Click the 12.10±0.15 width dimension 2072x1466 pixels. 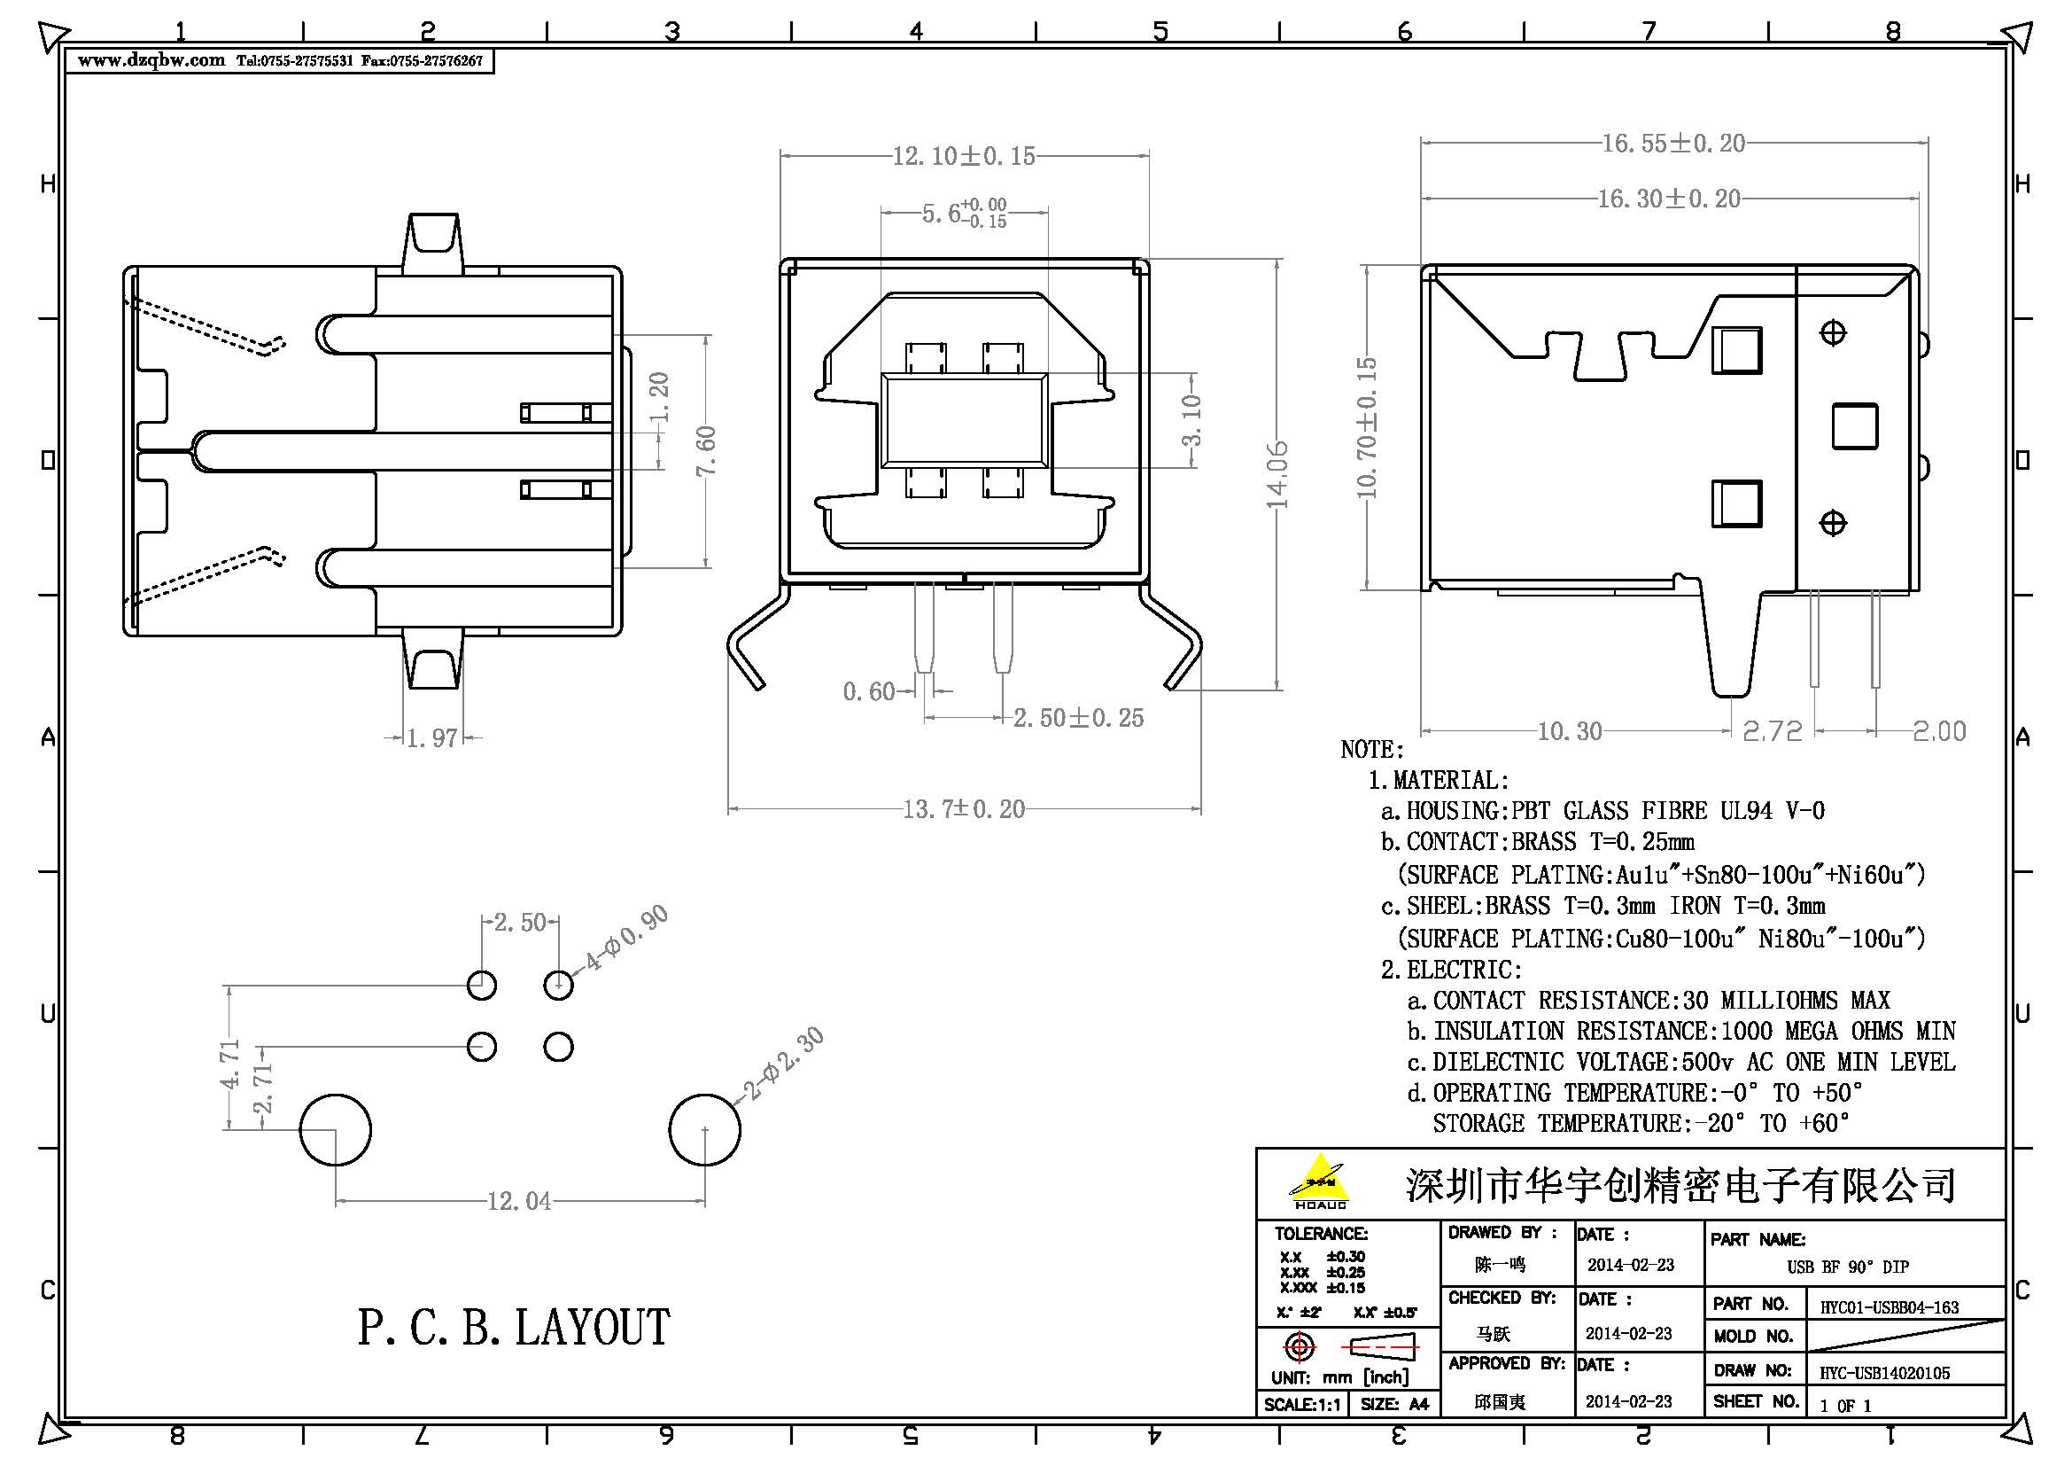pyautogui.click(x=963, y=156)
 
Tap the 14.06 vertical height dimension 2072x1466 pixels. pyautogui.click(x=1277, y=475)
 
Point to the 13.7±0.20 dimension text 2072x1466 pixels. pyautogui.click(x=963, y=809)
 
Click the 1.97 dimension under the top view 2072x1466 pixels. pyautogui.click(x=431, y=738)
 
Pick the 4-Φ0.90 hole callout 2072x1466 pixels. pyautogui.click(x=625, y=938)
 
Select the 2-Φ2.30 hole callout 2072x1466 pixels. pyautogui.click(x=781, y=1065)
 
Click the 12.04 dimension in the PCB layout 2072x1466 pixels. pyautogui.click(x=519, y=1202)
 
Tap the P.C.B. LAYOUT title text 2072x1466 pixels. pyautogui.click(x=513, y=1328)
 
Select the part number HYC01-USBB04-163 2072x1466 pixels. pyautogui.click(x=1889, y=1307)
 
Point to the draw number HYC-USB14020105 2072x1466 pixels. pyautogui.click(x=1884, y=1373)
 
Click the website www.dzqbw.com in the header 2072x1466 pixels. pyautogui.click(x=151, y=60)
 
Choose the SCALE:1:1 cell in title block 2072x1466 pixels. pyautogui.click(x=1301, y=1405)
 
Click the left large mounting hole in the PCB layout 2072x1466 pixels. pyautogui.click(x=335, y=1130)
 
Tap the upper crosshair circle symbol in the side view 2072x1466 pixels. pyautogui.click(x=1832, y=333)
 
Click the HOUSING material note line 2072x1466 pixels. pyautogui.click(x=1602, y=811)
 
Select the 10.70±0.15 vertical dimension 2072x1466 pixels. pyautogui.click(x=1367, y=427)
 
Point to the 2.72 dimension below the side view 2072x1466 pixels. pyautogui.click(x=1771, y=731)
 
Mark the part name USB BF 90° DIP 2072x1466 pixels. pyautogui.click(x=1847, y=1267)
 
